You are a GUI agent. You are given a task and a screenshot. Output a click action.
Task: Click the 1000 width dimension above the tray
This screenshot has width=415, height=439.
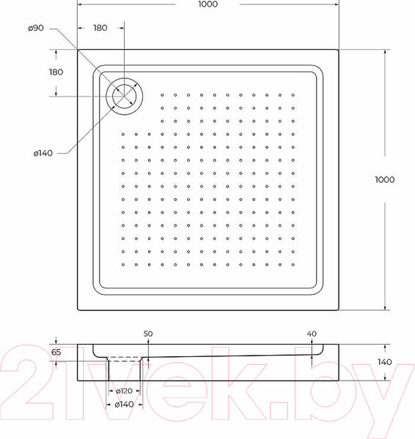coord(207,5)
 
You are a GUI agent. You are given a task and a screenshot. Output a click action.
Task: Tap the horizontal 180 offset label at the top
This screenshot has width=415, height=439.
coord(100,28)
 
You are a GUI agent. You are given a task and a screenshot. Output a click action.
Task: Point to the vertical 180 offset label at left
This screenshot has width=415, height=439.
coord(55,72)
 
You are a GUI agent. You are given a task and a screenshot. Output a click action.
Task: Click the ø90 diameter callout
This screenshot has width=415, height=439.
coord(36,28)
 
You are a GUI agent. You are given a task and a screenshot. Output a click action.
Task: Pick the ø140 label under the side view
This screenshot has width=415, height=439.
coord(125,405)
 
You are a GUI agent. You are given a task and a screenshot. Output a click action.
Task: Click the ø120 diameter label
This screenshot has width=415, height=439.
coord(125,391)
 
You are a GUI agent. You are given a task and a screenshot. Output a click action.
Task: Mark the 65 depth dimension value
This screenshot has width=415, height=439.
coord(56,353)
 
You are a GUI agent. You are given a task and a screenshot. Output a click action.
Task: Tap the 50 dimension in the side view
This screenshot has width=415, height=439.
coord(148,334)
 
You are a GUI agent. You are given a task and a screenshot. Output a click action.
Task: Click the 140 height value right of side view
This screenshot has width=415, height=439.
coord(386,362)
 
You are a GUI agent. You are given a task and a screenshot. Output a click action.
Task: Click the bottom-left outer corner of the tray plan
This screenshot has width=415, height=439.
coord(78,309)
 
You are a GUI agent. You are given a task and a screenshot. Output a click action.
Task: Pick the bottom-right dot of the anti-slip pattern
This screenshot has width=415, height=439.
coord(293,264)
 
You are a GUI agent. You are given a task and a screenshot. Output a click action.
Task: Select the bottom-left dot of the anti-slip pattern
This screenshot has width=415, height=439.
coord(123,264)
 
